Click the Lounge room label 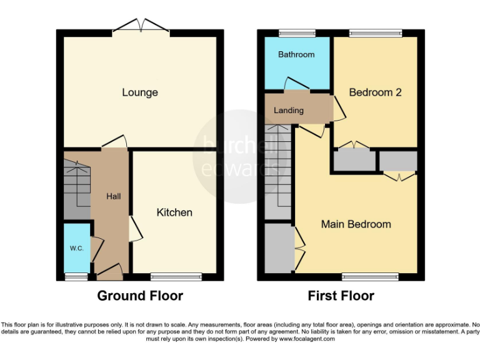(140, 92)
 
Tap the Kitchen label (174, 212)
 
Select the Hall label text (113, 196)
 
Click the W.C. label (76, 248)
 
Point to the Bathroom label (296, 54)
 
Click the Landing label (288, 111)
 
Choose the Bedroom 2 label (375, 92)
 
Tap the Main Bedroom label (356, 224)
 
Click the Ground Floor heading (140, 296)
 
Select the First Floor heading (341, 296)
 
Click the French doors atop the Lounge (141, 27)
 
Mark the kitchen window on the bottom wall (176, 276)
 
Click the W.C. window (76, 276)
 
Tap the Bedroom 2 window (375, 32)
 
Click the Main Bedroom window (370, 276)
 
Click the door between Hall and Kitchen (134, 229)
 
